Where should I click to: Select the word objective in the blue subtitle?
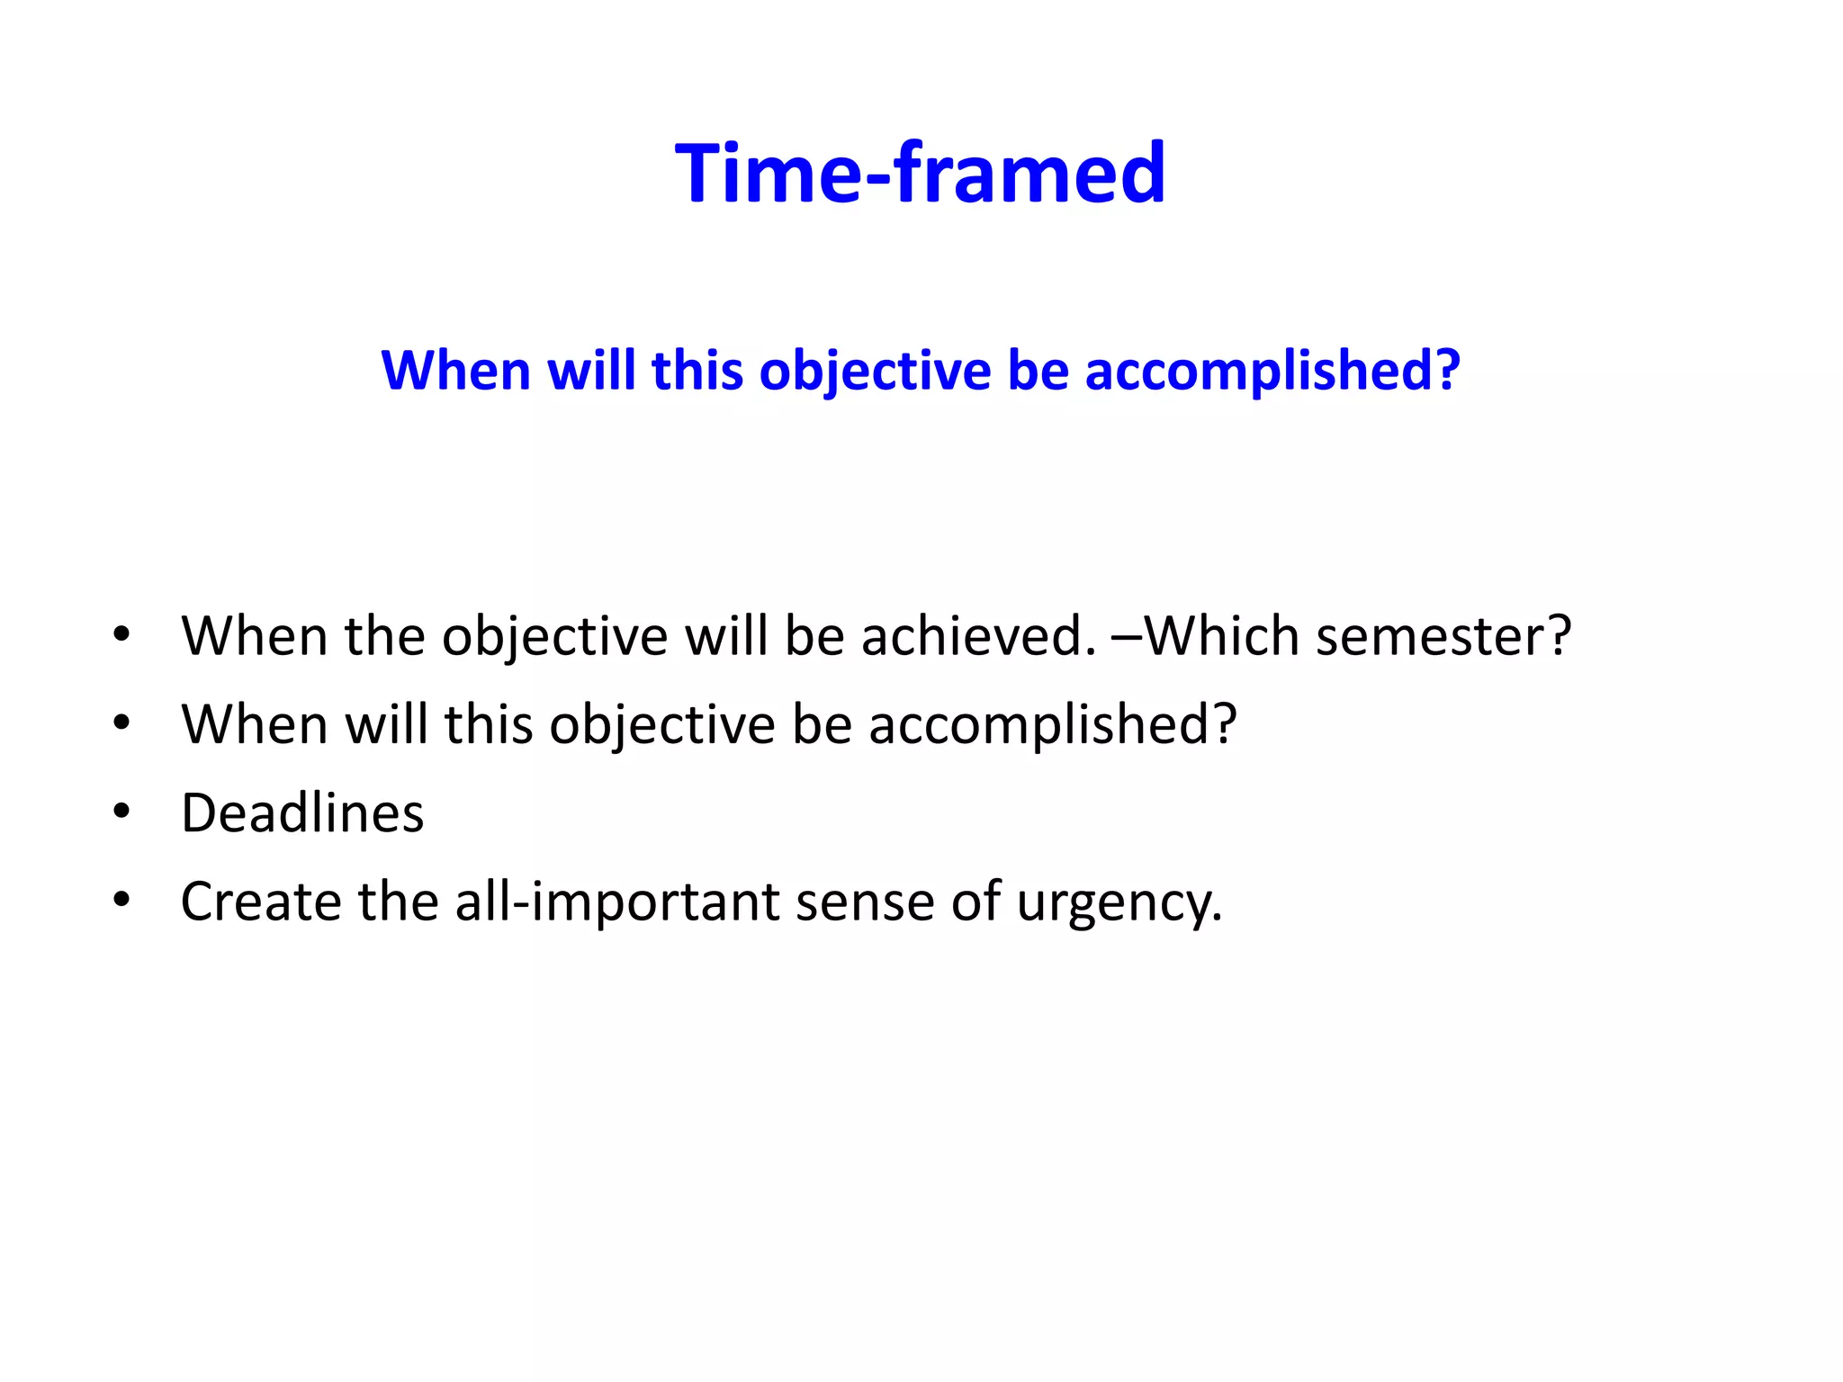point(875,371)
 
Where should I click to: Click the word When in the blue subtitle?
point(455,371)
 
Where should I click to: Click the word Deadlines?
point(302,813)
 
